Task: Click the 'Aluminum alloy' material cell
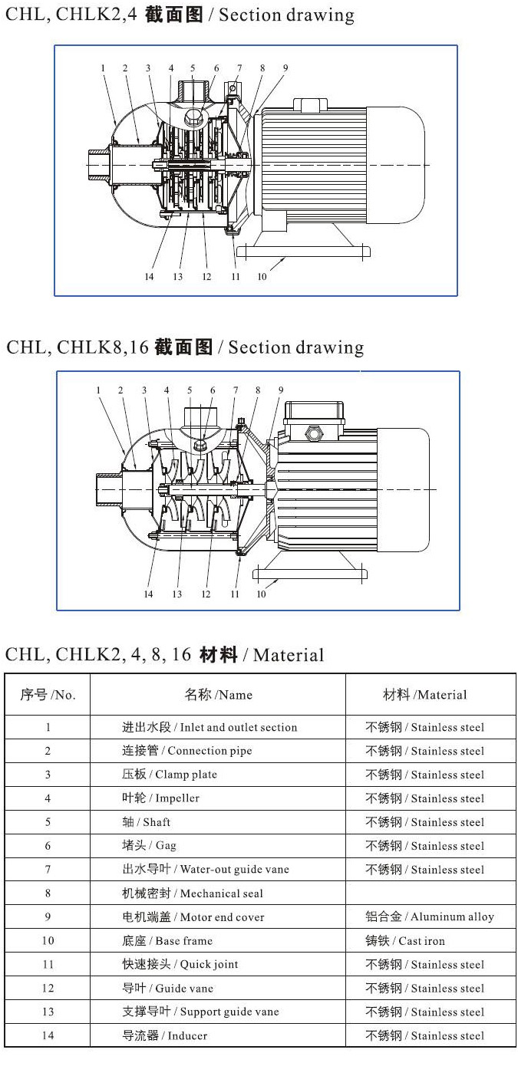click(x=430, y=917)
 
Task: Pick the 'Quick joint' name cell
click(x=180, y=965)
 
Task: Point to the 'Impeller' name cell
click(x=160, y=798)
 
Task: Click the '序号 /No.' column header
click(x=48, y=695)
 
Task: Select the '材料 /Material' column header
click(x=424, y=695)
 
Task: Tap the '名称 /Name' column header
click(x=218, y=695)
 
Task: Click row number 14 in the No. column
click(x=48, y=1036)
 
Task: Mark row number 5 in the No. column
click(x=48, y=822)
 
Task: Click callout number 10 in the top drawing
click(x=262, y=277)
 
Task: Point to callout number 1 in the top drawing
click(x=102, y=68)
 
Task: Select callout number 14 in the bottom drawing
click(x=148, y=594)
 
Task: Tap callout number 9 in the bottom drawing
click(x=281, y=390)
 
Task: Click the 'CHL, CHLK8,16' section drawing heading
click(x=185, y=347)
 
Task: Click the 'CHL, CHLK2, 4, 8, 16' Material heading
click(x=165, y=655)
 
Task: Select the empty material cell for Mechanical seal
click(x=430, y=893)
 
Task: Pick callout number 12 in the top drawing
click(x=206, y=277)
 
